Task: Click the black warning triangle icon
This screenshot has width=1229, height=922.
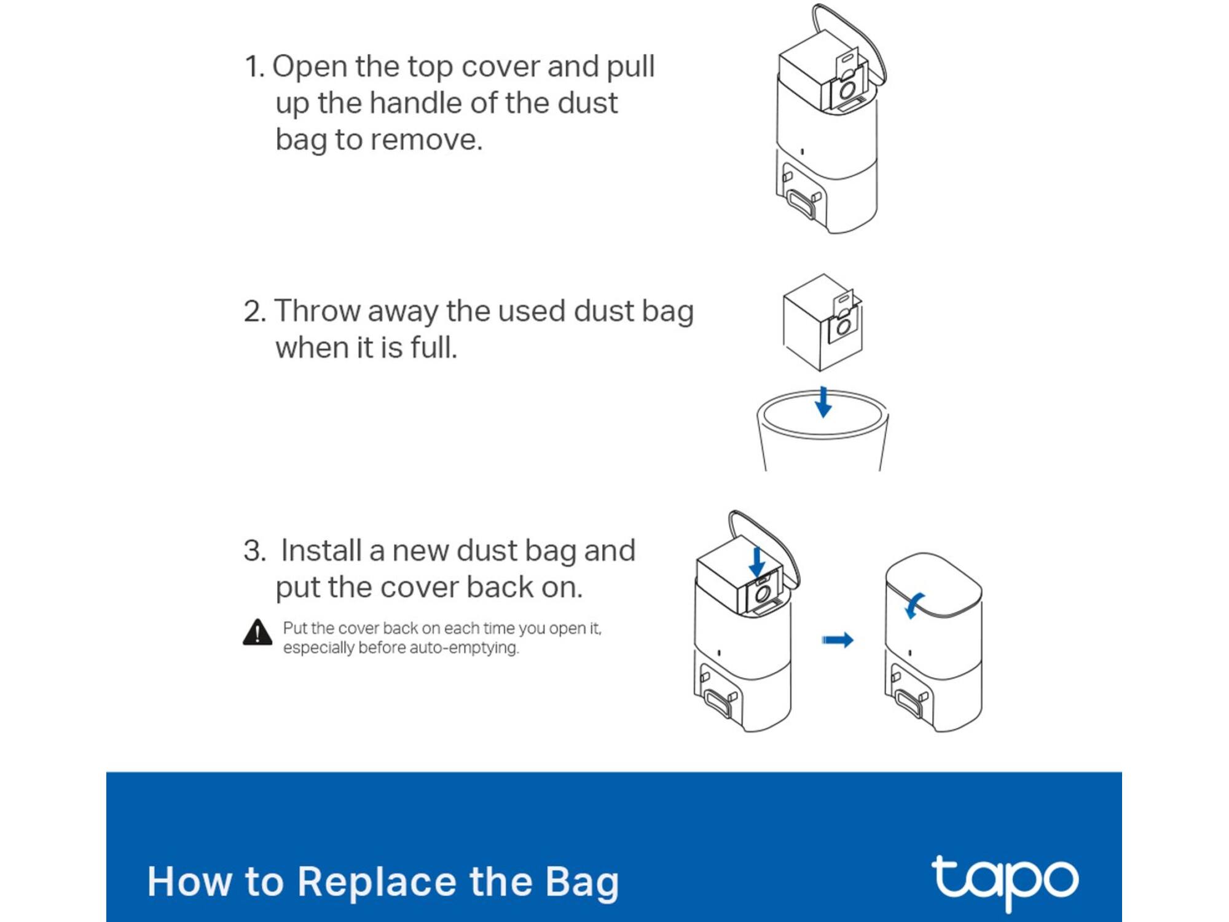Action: point(257,632)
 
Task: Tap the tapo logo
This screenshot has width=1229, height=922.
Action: point(1005,881)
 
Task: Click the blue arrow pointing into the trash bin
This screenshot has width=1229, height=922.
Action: point(823,402)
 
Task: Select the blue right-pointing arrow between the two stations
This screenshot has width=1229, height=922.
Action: point(838,640)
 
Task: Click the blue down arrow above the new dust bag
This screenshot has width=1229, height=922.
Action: point(757,562)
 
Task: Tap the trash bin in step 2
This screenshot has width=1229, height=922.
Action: point(822,430)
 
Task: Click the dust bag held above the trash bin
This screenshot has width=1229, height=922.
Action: point(823,322)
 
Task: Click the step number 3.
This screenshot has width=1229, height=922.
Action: point(255,551)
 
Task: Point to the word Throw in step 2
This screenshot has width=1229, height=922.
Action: point(318,311)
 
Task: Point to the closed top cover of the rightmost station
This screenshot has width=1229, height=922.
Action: point(933,584)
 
